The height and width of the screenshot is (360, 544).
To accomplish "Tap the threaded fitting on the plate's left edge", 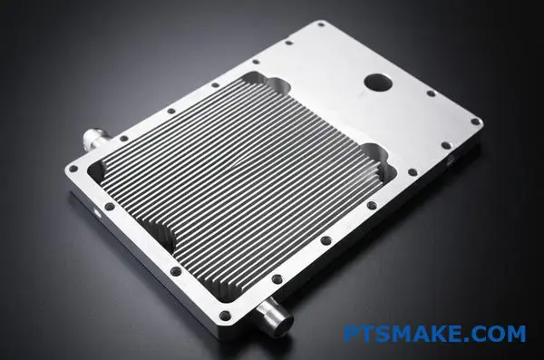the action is coord(96,140).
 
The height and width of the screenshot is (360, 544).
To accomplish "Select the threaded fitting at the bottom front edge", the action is coord(277,314).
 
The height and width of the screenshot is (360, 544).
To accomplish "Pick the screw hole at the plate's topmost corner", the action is coord(321,24).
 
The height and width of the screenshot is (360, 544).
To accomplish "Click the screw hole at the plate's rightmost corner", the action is coord(475,122).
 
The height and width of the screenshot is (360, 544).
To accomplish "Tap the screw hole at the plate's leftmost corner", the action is coord(73,169).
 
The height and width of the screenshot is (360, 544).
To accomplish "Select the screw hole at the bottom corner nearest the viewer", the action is coord(226,316).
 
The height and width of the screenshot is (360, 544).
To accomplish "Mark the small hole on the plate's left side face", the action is coord(97,212).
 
